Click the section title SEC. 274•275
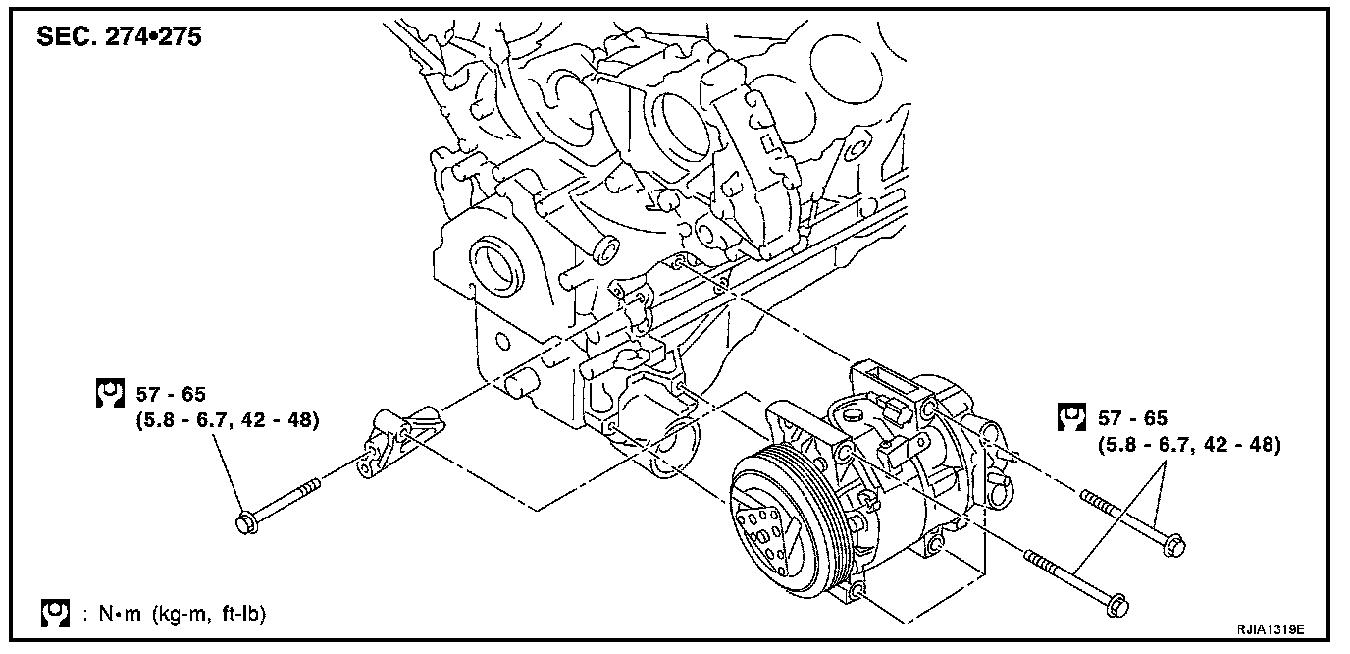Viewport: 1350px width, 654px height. click(x=119, y=37)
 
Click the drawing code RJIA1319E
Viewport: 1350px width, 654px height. click(x=1272, y=630)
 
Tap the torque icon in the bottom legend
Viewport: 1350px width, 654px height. click(x=56, y=614)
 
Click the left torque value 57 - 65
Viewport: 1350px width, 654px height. click(x=171, y=394)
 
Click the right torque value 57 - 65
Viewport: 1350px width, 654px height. click(x=1132, y=418)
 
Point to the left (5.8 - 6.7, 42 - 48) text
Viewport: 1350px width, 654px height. click(x=228, y=420)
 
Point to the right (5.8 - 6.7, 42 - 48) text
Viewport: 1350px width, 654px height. click(x=1189, y=445)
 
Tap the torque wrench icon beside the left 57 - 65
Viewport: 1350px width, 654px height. click(x=110, y=393)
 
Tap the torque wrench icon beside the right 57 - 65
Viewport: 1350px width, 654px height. click(x=1072, y=417)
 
